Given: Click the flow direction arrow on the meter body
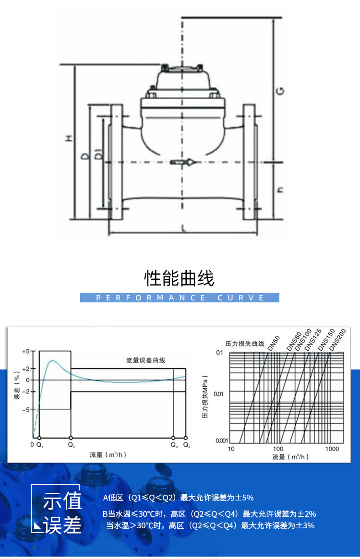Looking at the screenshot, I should point(184,163).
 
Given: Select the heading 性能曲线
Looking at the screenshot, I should point(180,278).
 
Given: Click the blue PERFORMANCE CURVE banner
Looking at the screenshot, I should point(180,298).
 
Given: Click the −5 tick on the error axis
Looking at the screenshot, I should point(26,409).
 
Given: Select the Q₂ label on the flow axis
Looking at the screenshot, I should point(71,445).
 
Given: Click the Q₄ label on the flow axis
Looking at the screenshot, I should point(186,445).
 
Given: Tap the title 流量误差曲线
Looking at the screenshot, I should point(145,360).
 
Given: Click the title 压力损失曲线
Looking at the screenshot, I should point(245,344).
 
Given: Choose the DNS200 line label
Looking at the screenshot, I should point(337,341).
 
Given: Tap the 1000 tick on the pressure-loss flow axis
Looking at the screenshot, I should point(332,449).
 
